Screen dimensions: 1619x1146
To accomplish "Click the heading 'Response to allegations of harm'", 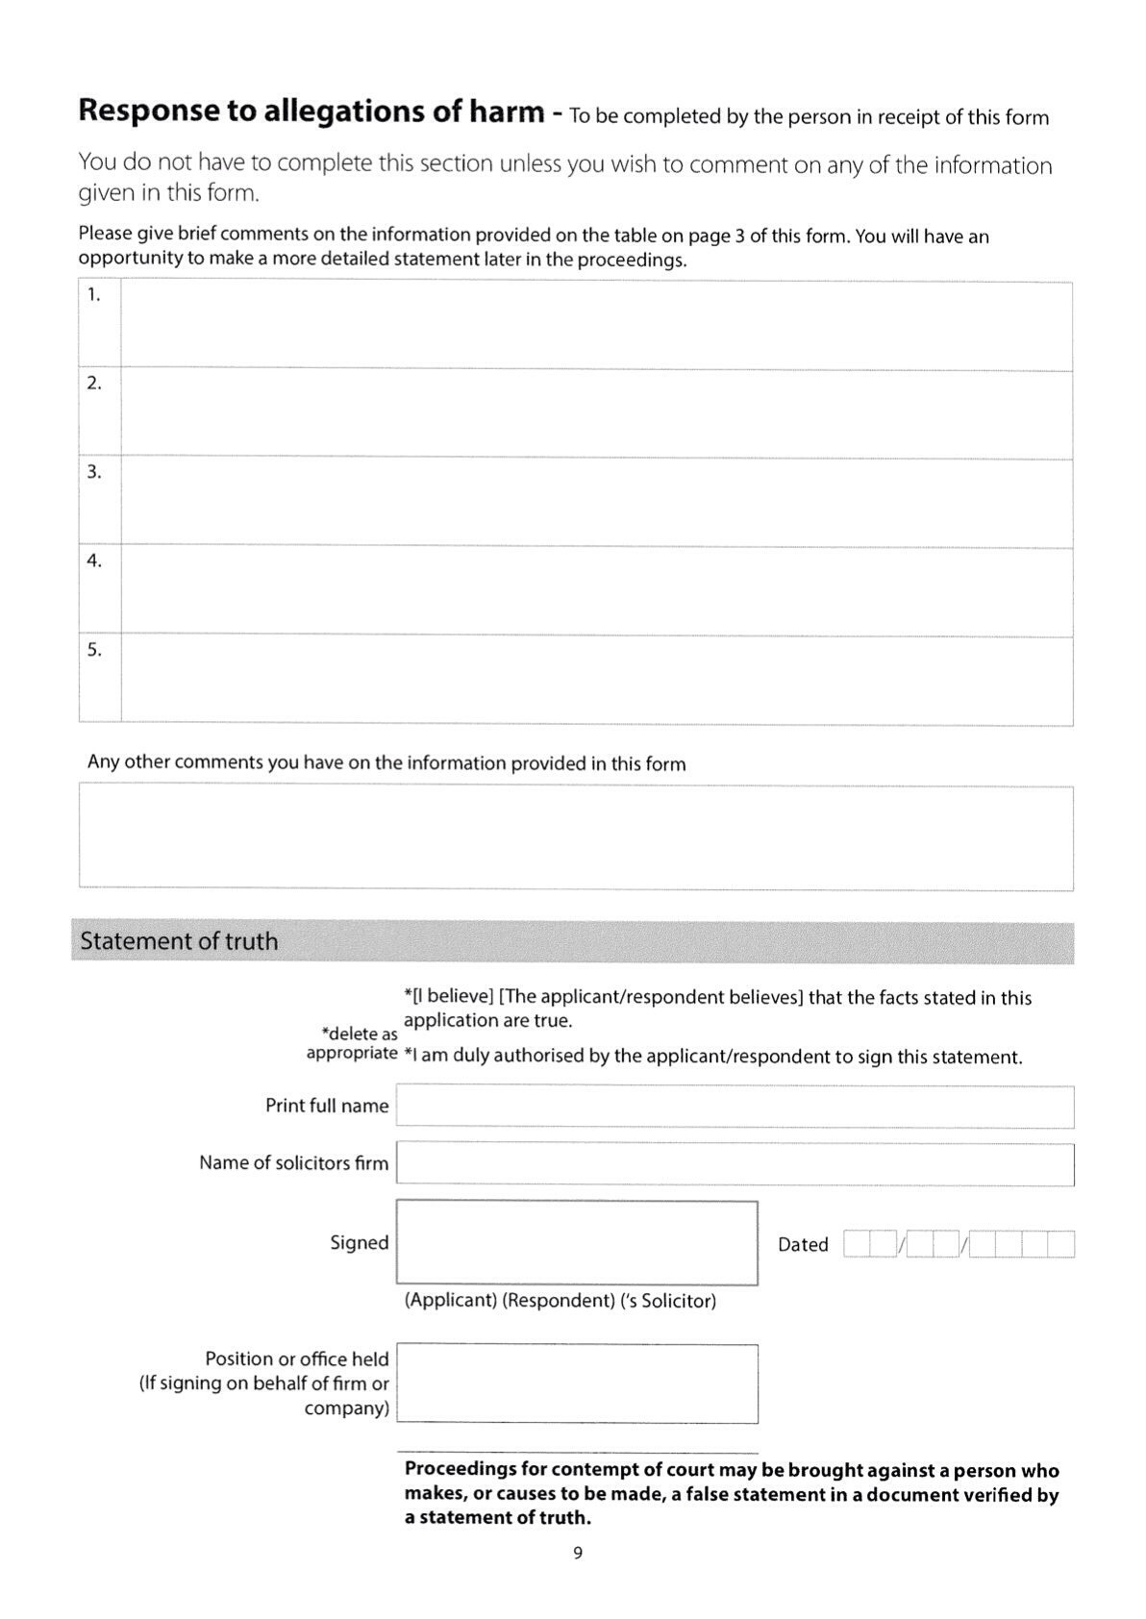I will click(x=311, y=112).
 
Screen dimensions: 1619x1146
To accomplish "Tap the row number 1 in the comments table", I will click(x=93, y=295).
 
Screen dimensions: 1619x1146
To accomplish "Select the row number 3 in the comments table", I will click(x=93, y=472).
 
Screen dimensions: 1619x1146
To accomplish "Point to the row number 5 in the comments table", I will click(x=93, y=650).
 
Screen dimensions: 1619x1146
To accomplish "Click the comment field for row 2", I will click(x=596, y=413).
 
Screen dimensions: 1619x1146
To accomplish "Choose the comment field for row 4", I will click(x=596, y=590).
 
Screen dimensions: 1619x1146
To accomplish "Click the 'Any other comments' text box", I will click(x=576, y=837).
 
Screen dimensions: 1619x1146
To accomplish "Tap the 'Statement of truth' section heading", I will click(x=179, y=941).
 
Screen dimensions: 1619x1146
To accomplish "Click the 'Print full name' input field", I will click(x=735, y=1107).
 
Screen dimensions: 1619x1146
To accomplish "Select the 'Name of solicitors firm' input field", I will click(x=735, y=1164).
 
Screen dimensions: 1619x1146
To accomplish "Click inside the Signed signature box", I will click(x=577, y=1242).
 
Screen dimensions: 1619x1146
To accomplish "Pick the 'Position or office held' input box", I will click(x=577, y=1382).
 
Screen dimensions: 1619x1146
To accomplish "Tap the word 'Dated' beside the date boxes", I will click(x=803, y=1245).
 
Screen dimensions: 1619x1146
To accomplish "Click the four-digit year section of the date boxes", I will click(x=1021, y=1245).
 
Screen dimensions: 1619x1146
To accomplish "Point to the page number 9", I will click(x=577, y=1553).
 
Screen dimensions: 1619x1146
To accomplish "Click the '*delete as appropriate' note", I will click(x=352, y=1044).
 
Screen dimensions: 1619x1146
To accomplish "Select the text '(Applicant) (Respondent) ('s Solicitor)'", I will click(x=561, y=1301).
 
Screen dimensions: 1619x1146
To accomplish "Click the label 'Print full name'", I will click(x=327, y=1107).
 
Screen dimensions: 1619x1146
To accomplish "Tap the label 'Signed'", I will click(x=359, y=1243).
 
